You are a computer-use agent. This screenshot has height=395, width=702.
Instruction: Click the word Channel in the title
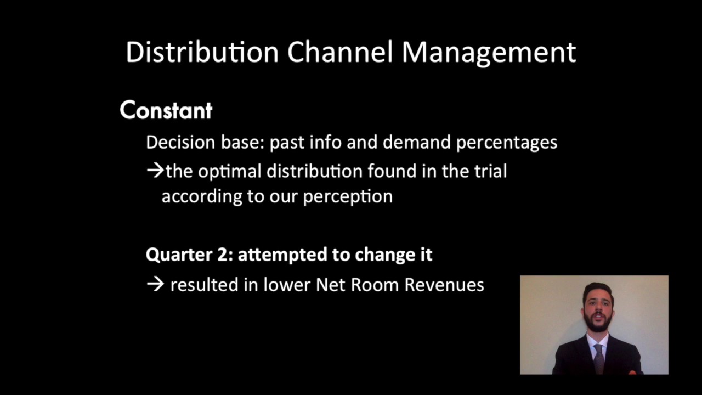341,52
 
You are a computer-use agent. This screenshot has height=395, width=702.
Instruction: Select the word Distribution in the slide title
202,52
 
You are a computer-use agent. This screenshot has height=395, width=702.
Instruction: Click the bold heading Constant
166,110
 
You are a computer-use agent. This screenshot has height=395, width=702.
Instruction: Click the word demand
417,143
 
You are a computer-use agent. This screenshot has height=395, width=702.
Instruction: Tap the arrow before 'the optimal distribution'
155,171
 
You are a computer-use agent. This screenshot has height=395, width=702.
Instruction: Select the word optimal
229,172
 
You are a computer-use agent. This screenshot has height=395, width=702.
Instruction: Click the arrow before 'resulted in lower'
155,285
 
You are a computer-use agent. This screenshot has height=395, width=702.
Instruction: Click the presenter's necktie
598,357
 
